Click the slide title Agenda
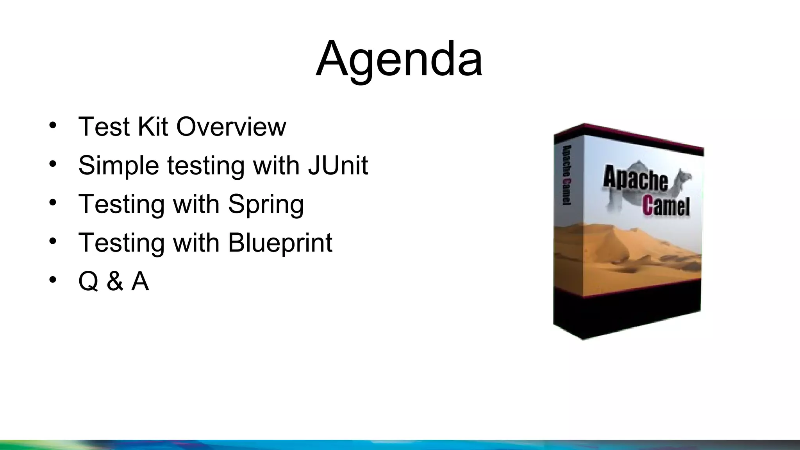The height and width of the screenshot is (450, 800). (x=399, y=59)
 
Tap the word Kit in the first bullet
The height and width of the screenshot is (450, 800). (x=153, y=127)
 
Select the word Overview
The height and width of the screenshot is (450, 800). (x=231, y=127)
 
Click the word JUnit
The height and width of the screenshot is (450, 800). (x=338, y=165)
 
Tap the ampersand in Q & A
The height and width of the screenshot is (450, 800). (x=114, y=281)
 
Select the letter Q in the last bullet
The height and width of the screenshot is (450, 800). (x=88, y=282)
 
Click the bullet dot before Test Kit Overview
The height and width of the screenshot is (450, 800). (x=53, y=126)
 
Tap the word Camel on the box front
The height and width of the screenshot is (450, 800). (x=666, y=206)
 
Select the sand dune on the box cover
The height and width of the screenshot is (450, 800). (x=625, y=250)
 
